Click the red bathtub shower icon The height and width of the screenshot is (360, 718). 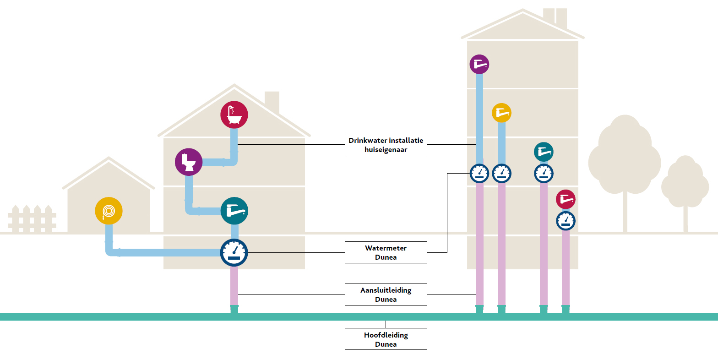[x=234, y=115]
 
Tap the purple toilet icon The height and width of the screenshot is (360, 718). [x=189, y=162]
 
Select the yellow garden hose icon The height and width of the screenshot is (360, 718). [x=109, y=211]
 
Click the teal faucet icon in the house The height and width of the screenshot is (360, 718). [x=234, y=211]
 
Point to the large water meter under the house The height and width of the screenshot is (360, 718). [x=234, y=252]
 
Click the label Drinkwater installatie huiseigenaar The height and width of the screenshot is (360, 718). [x=386, y=145]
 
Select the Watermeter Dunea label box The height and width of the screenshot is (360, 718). [x=386, y=252]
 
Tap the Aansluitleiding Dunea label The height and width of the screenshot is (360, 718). [x=386, y=295]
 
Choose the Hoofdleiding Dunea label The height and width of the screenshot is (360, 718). [x=386, y=339]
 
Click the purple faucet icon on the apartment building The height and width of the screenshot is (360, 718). [x=479, y=64]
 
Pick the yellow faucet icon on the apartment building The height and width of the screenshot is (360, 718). [x=501, y=113]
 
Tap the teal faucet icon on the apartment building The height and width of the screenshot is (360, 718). [x=544, y=152]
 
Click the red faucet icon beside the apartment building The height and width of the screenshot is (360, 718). [x=566, y=199]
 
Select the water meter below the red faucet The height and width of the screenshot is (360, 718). [x=566, y=221]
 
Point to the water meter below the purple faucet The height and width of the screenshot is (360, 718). [x=479, y=174]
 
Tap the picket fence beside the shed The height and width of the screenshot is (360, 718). [x=32, y=219]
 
